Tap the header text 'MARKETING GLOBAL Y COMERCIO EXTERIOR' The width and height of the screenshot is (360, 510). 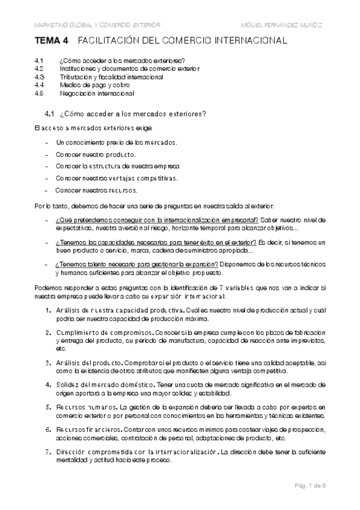[97, 25]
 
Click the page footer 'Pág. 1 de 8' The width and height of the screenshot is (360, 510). [310, 485]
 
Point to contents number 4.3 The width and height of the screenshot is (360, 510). [40, 77]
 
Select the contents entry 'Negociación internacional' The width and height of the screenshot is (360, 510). [97, 93]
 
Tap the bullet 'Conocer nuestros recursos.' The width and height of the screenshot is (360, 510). [96, 189]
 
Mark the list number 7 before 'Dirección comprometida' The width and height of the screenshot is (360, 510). [48, 451]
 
